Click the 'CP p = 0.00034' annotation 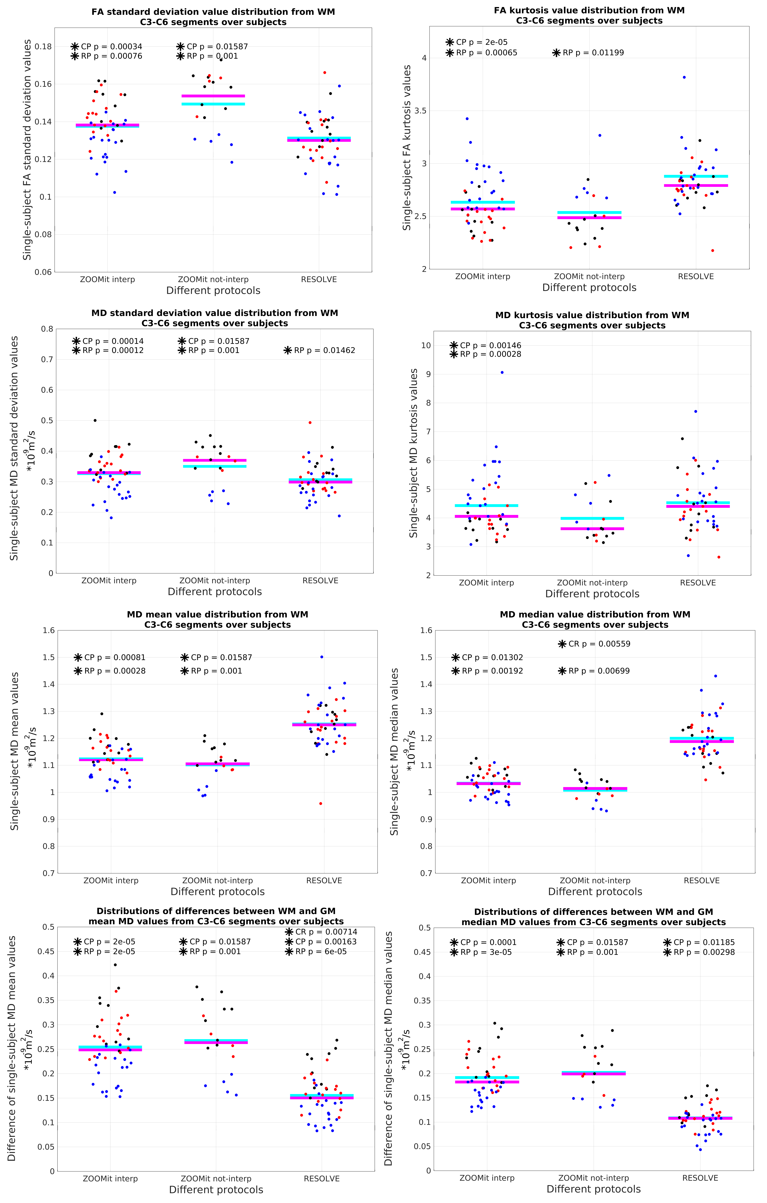tap(111, 46)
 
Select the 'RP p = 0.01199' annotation tap(593, 52)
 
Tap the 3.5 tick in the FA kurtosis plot tap(420, 110)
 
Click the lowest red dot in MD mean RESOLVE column tap(321, 803)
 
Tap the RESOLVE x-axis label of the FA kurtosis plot tap(696, 276)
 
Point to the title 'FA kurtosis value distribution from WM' tap(589, 10)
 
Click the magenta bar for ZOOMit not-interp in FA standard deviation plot tap(213, 95)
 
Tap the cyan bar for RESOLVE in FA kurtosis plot tap(696, 176)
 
